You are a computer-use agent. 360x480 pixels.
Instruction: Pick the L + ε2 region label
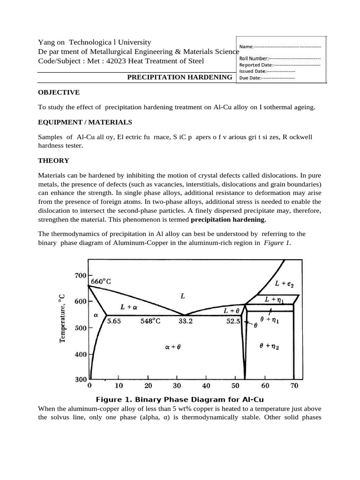click(284, 283)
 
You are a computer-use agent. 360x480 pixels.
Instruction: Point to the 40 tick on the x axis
click(206, 386)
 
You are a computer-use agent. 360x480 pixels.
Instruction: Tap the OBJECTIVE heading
click(59, 92)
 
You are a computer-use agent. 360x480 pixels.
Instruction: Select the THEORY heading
click(53, 160)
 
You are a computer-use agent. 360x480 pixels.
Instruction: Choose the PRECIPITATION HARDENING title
click(180, 77)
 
